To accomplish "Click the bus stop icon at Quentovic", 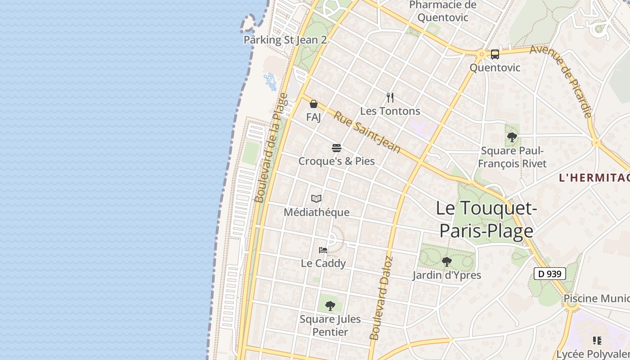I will pyautogui.click(x=495, y=54).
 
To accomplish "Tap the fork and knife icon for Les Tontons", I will pyautogui.click(x=390, y=97).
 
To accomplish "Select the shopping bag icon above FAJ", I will pyautogui.click(x=314, y=104).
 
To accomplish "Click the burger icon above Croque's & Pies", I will pyautogui.click(x=337, y=148).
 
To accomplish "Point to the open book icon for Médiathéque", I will pyautogui.click(x=316, y=198).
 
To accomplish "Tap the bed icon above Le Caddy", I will pyautogui.click(x=323, y=250).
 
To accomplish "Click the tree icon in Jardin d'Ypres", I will pyautogui.click(x=446, y=261).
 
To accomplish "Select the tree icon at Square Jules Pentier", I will pyautogui.click(x=330, y=306).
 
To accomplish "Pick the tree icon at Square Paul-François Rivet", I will pyautogui.click(x=512, y=137).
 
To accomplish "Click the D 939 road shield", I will pyautogui.click(x=549, y=273).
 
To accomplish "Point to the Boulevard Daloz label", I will pyautogui.click(x=381, y=298).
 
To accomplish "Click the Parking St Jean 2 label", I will pyautogui.click(x=285, y=40).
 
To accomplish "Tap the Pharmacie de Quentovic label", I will pyautogui.click(x=443, y=11).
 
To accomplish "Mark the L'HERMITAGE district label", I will pyautogui.click(x=594, y=178).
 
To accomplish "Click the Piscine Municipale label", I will pyautogui.click(x=596, y=298).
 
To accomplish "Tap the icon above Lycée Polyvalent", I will pyautogui.click(x=597, y=341).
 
